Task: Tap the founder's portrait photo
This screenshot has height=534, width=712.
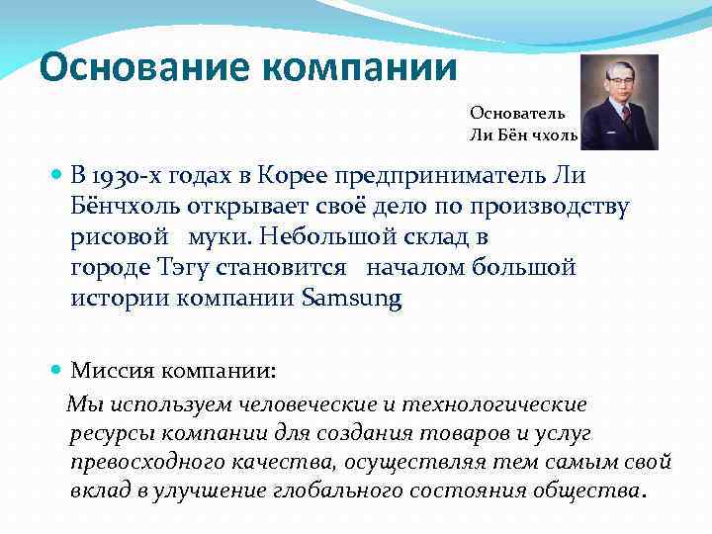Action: point(619,102)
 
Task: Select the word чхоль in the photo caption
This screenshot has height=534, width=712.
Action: point(550,133)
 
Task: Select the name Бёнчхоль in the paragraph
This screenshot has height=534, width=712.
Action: point(128,208)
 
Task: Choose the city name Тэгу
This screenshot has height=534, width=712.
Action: point(181,268)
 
